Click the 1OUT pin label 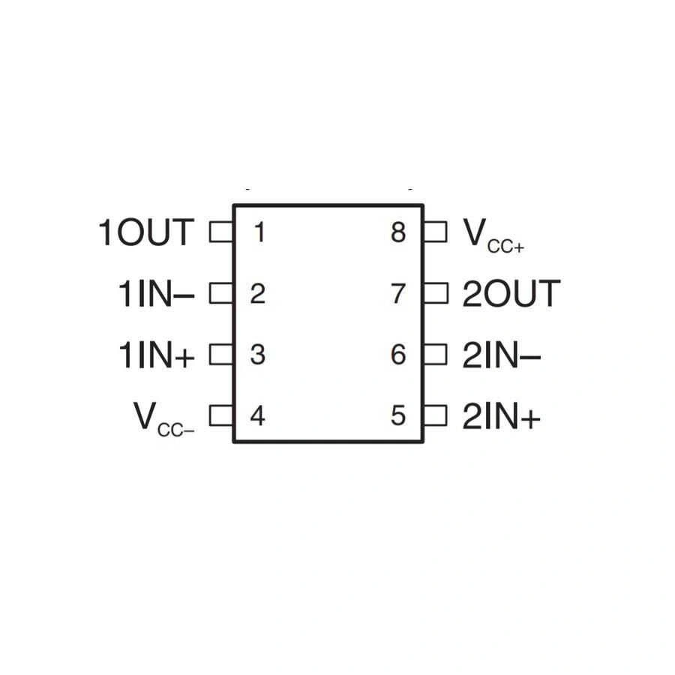tap(146, 232)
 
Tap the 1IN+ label tap(156, 355)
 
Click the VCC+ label tap(493, 235)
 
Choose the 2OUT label tap(511, 293)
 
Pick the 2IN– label tap(502, 355)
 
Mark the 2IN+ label tap(502, 416)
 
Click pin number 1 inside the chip tap(259, 232)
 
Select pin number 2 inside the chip tap(257, 293)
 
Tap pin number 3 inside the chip tap(257, 355)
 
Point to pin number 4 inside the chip tap(257, 416)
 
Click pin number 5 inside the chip tap(398, 416)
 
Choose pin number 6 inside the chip tap(398, 355)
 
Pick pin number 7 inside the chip tap(398, 293)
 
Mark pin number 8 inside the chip tap(398, 232)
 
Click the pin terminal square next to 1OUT tap(221, 232)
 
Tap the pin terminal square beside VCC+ tap(435, 232)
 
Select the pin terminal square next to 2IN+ tap(435, 415)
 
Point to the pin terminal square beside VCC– tap(221, 415)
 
